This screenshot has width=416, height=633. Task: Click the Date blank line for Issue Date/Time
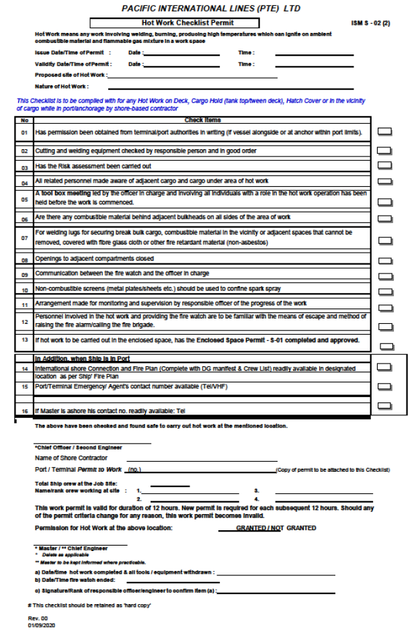coord(181,53)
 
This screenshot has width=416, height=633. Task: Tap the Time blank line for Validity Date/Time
coord(296,65)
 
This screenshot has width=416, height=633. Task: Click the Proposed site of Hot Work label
coord(70,75)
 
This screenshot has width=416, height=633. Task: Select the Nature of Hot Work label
coord(62,86)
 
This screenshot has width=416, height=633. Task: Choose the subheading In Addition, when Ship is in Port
coord(82,358)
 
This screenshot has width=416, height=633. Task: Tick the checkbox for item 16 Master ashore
coord(384,406)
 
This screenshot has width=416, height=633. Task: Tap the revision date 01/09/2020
coord(42,625)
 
